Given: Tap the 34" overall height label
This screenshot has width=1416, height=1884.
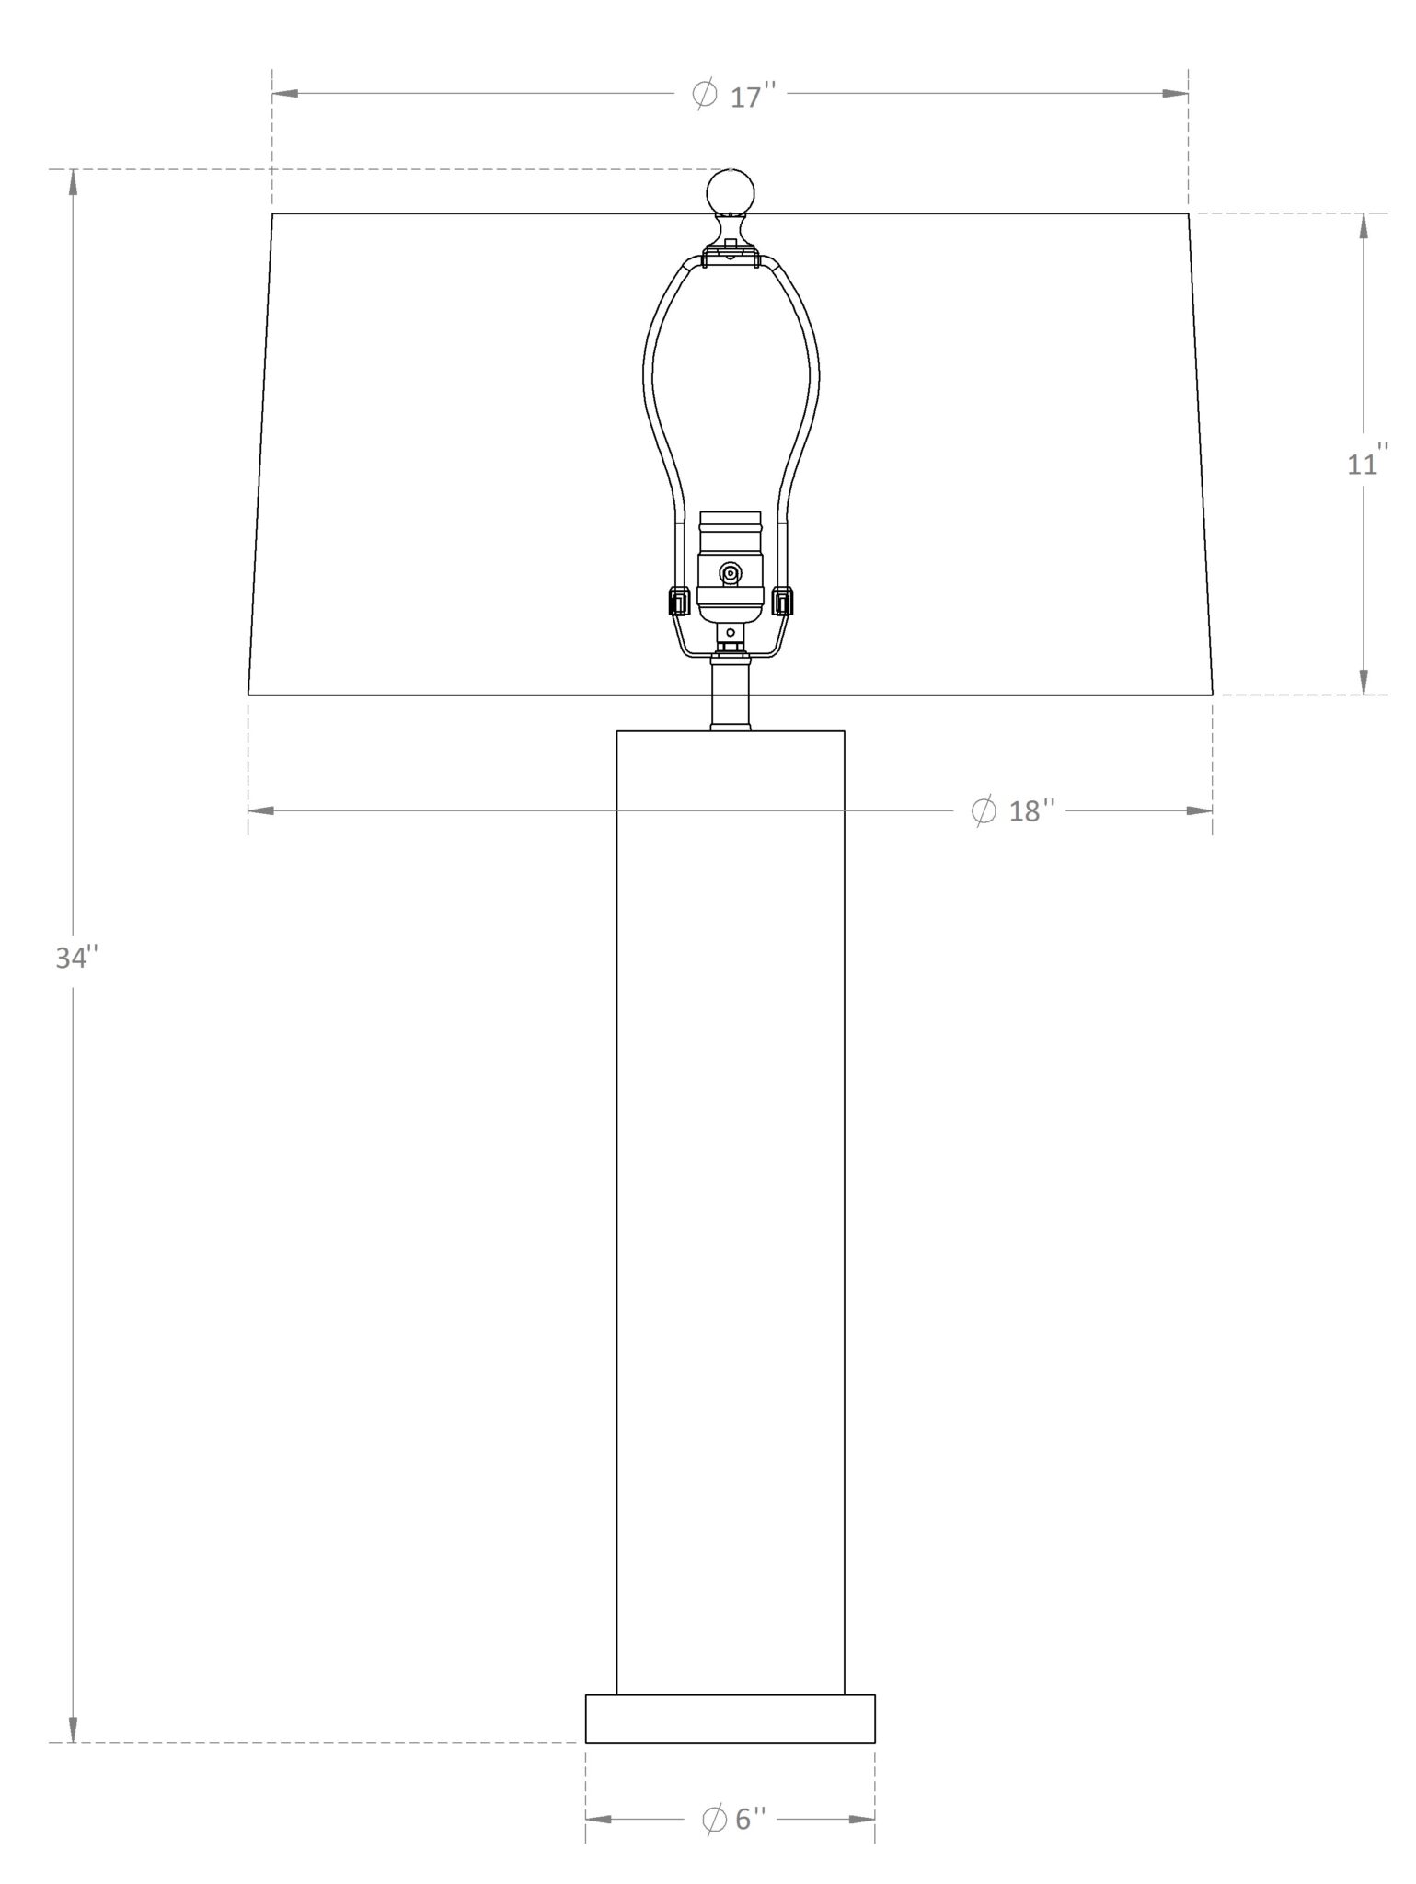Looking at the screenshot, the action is pyautogui.click(x=75, y=958).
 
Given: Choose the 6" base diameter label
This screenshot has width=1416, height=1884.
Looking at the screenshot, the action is pyautogui.click(x=733, y=1819).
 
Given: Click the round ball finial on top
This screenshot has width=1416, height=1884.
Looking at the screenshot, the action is pyautogui.click(x=731, y=193).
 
